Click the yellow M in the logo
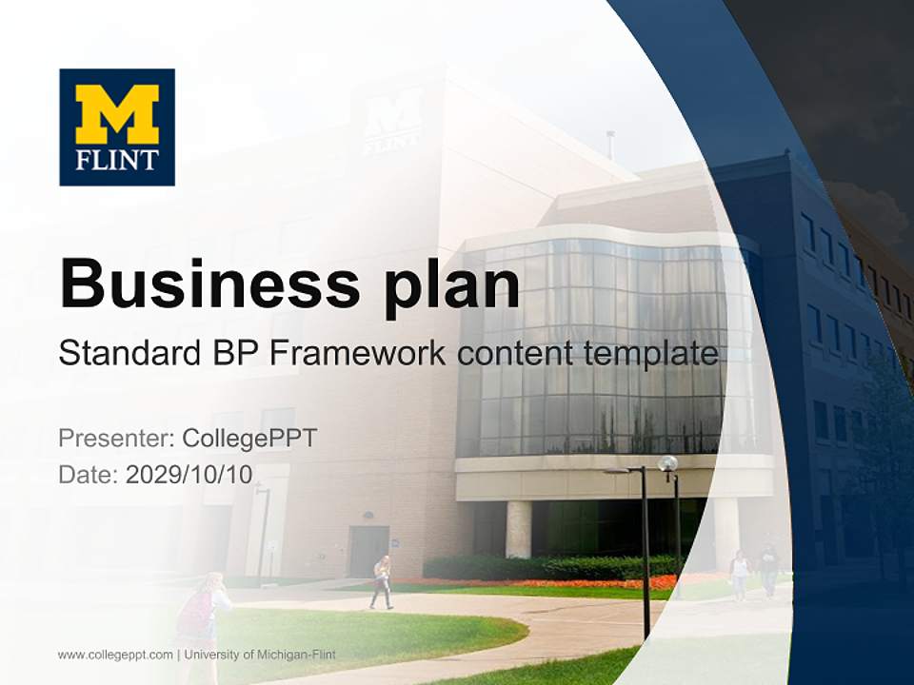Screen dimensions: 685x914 click(x=117, y=114)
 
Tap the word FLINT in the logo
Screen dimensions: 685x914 click(x=117, y=158)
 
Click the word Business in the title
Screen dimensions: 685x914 click(x=196, y=283)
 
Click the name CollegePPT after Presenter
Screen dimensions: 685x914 click(x=249, y=439)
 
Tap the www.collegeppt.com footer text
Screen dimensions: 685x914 click(x=115, y=655)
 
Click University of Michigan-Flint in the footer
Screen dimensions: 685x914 click(x=260, y=655)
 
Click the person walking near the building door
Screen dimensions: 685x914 click(x=382, y=581)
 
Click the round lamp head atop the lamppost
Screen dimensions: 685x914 click(x=668, y=463)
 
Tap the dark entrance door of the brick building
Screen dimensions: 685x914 click(x=368, y=551)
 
